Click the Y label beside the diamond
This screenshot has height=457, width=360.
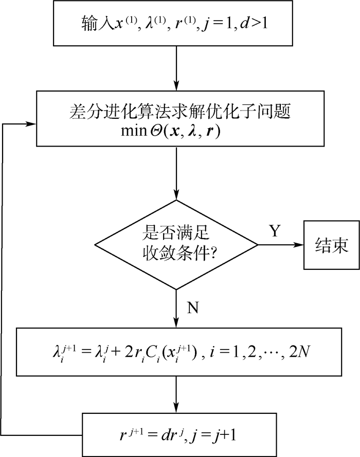(x=275, y=231)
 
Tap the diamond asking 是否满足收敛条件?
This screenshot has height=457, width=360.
(x=176, y=246)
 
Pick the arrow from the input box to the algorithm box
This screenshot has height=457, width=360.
(x=176, y=67)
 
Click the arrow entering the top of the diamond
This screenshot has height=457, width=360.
(x=176, y=175)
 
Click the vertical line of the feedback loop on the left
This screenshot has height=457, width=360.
(x=4, y=278)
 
